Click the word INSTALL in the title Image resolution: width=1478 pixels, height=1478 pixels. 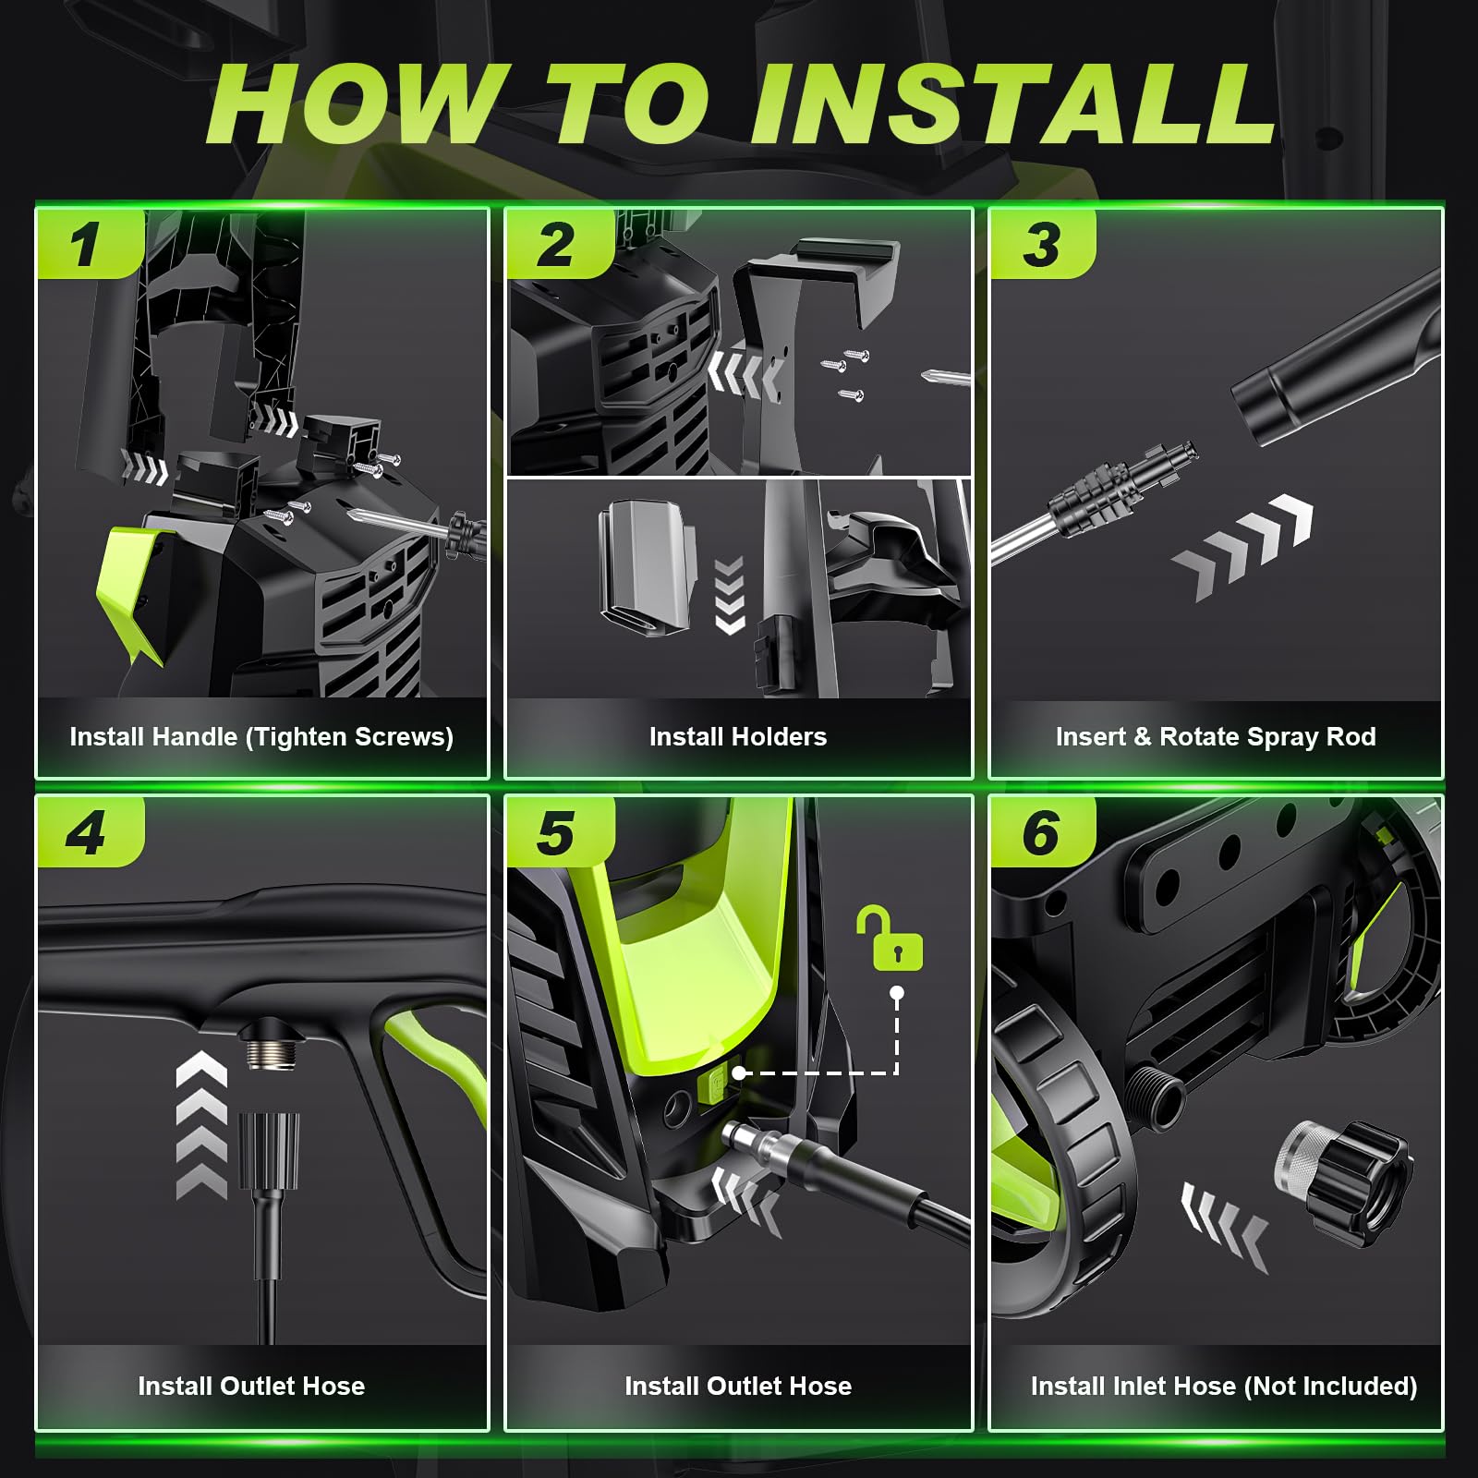click(1013, 103)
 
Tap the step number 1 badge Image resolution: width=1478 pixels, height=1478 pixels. click(91, 244)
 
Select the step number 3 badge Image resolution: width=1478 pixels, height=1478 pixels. click(1043, 244)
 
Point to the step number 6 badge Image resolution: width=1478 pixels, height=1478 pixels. click(1043, 831)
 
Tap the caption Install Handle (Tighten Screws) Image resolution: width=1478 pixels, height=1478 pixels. click(261, 737)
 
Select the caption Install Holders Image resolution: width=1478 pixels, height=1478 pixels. click(738, 737)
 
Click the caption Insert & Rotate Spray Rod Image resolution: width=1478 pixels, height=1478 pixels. click(1216, 737)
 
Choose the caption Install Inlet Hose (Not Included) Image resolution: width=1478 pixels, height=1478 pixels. click(1224, 1386)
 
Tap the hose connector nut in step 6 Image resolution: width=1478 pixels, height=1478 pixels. click(1344, 1182)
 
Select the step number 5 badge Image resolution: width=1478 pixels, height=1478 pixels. click(557, 831)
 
